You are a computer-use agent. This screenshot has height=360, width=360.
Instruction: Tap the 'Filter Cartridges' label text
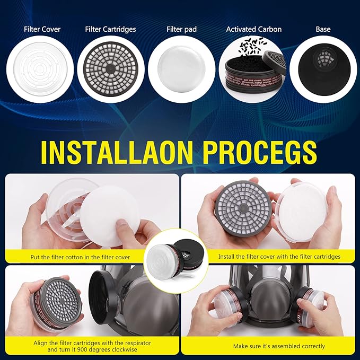(x=110, y=29)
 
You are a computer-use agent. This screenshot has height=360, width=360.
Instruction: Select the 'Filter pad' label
(x=181, y=29)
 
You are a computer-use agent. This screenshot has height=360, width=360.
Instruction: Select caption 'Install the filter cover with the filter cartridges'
(x=279, y=257)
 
